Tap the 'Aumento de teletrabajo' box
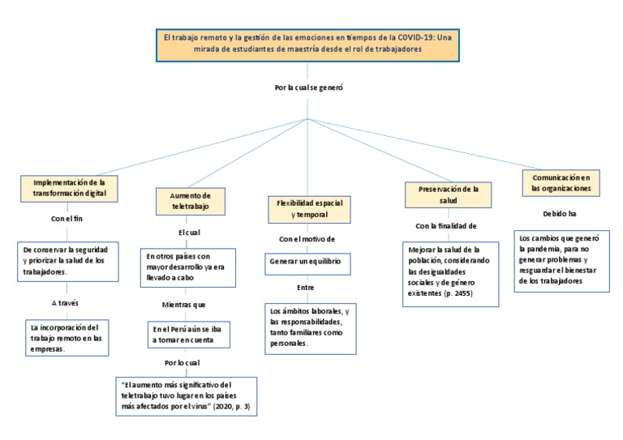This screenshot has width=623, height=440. pos(190,201)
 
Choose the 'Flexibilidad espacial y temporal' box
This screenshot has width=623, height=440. pos(308,209)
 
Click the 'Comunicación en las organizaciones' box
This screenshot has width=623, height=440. pos(561,182)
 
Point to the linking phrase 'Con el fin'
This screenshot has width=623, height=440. pos(68,218)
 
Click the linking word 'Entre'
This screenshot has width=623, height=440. pos(306,287)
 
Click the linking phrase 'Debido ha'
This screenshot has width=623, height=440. pos(560,213)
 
